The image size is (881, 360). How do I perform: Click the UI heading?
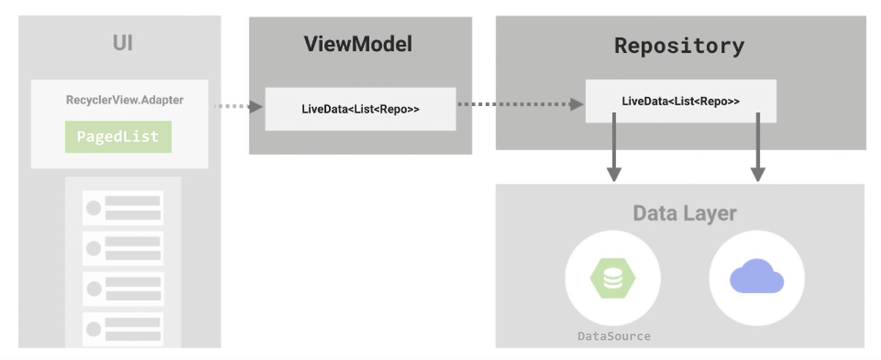123,43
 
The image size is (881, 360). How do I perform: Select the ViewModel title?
358,44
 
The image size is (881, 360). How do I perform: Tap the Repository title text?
679,46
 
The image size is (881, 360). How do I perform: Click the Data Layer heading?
684,213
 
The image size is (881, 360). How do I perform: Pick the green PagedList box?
118,136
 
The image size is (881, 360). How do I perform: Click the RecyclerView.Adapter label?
125,100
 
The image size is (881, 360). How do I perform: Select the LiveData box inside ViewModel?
360,109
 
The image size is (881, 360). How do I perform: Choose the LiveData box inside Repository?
680,101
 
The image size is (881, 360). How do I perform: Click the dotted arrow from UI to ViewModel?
238,106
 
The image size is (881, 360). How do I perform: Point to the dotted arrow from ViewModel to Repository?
520,104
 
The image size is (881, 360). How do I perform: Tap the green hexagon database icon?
613,278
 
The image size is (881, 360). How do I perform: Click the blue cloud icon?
756,277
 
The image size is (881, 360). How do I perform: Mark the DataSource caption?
613,336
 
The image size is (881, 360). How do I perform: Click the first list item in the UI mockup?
123,208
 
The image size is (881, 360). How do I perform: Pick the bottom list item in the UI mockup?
123,329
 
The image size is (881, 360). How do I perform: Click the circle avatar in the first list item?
94,208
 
